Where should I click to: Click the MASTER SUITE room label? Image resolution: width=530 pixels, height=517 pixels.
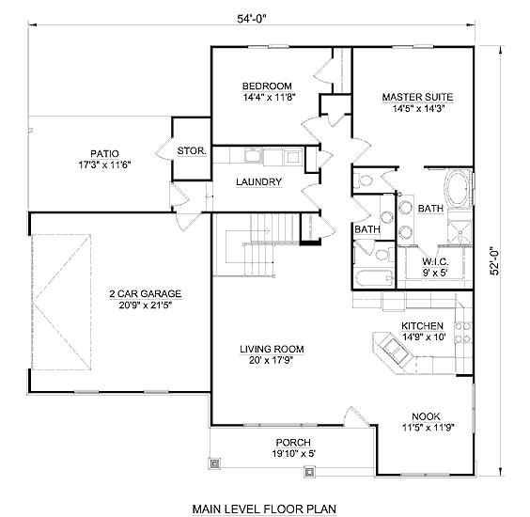tap(417, 97)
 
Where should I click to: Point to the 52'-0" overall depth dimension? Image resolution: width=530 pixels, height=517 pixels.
tap(494, 260)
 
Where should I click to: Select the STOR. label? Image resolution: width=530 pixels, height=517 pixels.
tap(192, 150)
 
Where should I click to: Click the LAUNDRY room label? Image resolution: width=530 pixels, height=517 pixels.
tap(258, 182)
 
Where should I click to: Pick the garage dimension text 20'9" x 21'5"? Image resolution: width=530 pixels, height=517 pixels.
tap(146, 305)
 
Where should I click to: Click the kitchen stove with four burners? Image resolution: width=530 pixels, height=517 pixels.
tap(463, 332)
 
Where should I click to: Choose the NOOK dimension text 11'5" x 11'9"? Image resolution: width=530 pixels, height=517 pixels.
tap(428, 428)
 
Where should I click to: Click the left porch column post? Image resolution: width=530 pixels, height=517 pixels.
tap(214, 463)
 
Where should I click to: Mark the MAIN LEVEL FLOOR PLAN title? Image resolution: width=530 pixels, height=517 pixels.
tap(264, 509)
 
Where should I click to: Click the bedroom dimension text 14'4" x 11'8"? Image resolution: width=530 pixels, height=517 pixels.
tap(270, 98)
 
